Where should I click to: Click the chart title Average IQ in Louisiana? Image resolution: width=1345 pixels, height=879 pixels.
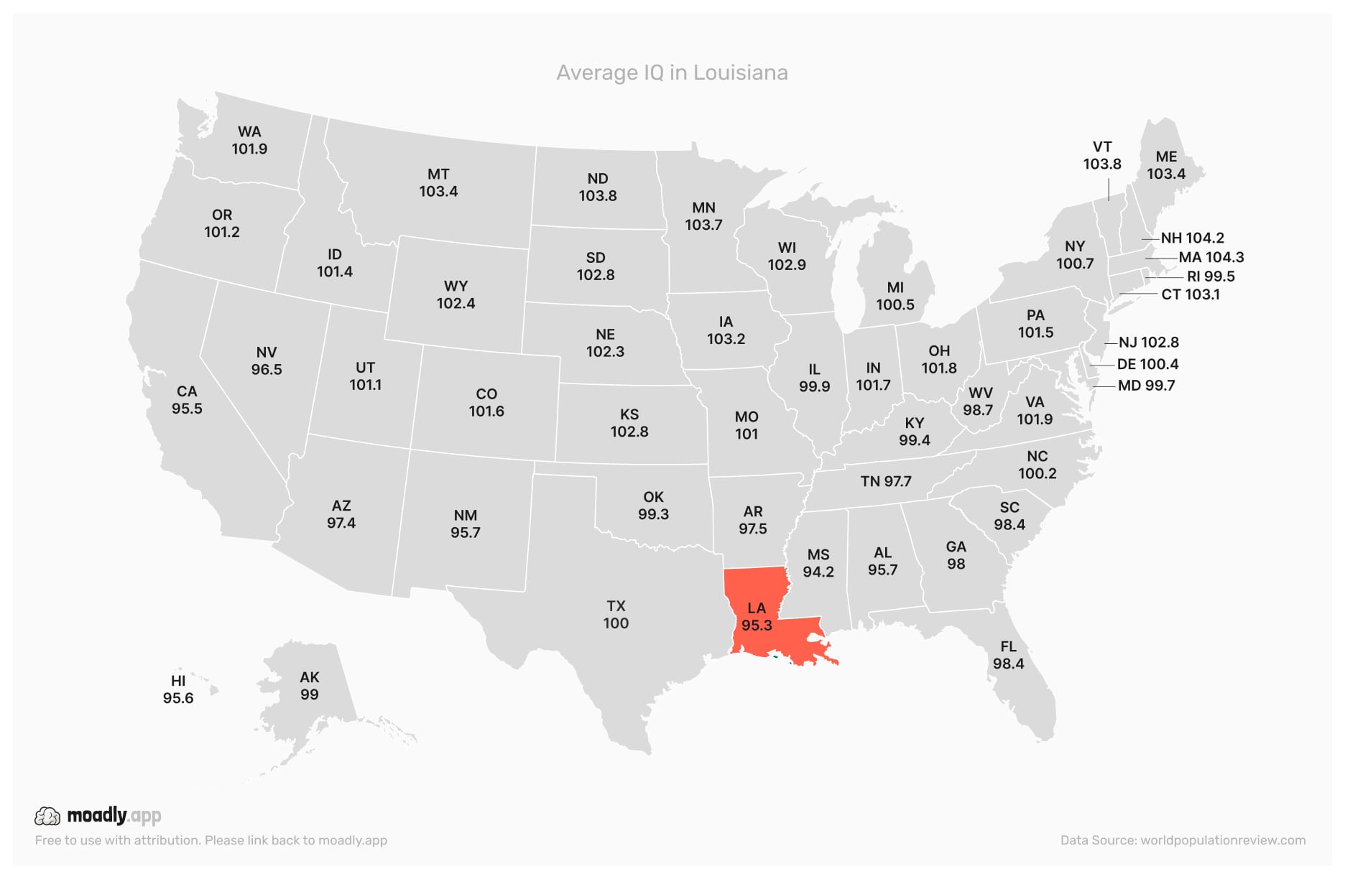(x=672, y=73)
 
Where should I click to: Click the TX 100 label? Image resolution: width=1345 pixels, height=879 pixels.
(x=616, y=615)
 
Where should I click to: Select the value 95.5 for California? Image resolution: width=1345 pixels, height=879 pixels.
(x=187, y=409)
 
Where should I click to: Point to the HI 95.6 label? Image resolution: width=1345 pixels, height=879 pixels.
(x=178, y=689)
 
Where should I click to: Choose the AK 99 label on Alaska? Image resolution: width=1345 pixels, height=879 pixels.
(x=309, y=686)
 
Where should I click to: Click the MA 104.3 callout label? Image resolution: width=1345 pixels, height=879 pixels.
(x=1211, y=257)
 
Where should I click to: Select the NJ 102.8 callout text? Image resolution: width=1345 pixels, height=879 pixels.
(x=1148, y=343)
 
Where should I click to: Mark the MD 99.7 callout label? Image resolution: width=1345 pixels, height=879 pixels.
(x=1146, y=386)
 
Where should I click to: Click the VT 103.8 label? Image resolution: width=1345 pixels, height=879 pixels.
(x=1102, y=155)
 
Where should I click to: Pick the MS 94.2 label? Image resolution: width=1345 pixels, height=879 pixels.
(x=818, y=563)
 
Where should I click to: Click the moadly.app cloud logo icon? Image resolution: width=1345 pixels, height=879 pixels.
(x=47, y=816)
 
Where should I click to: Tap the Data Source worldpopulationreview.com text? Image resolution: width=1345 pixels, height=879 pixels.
(x=1183, y=840)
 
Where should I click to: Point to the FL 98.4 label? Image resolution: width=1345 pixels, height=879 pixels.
(x=1008, y=655)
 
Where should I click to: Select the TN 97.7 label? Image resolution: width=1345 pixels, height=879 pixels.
(x=885, y=481)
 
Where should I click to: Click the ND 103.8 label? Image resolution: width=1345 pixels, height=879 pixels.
(x=598, y=187)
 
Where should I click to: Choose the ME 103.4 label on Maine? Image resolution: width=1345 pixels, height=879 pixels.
(x=1165, y=165)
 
